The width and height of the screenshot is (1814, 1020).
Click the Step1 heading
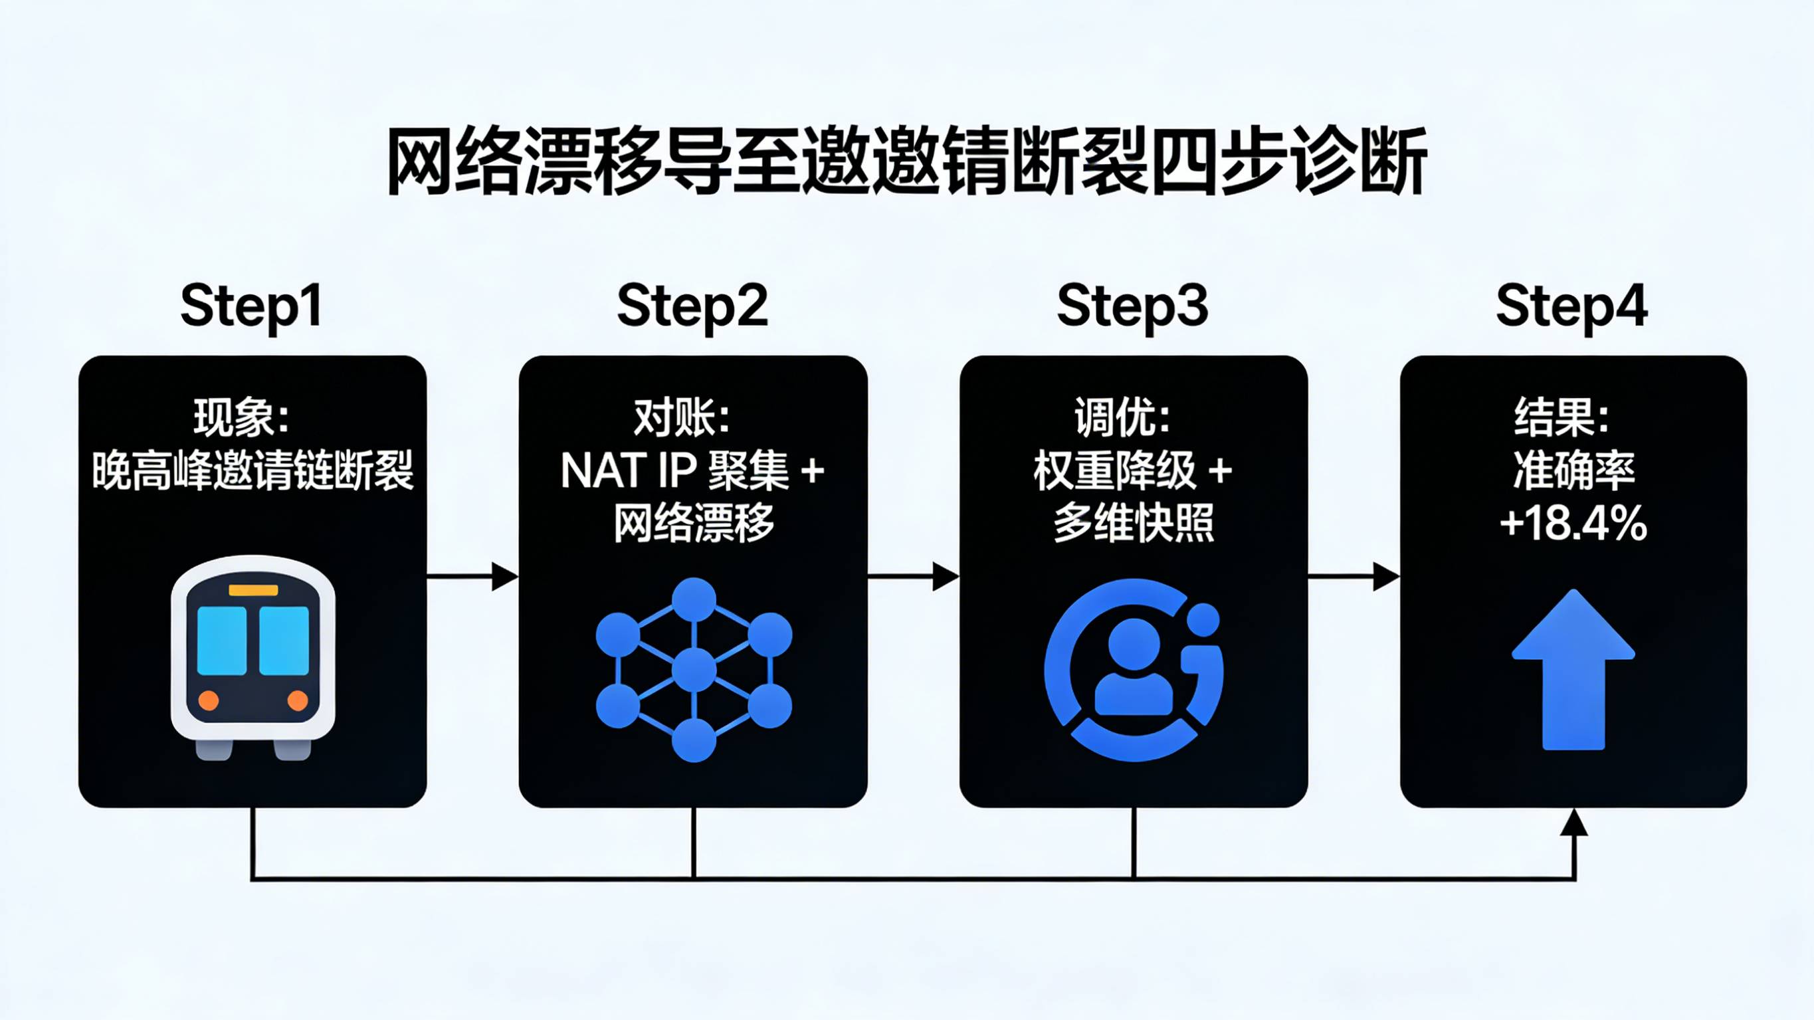pyautogui.click(x=251, y=306)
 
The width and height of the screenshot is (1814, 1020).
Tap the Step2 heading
pyautogui.click(x=692, y=306)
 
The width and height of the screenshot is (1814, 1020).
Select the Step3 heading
pyautogui.click(x=1132, y=306)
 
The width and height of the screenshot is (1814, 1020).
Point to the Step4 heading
pyautogui.click(x=1571, y=306)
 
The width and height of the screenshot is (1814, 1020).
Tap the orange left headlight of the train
pyautogui.click(x=209, y=700)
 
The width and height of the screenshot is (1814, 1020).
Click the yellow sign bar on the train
pyautogui.click(x=252, y=590)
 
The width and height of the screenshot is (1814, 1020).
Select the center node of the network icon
pyautogui.click(x=694, y=670)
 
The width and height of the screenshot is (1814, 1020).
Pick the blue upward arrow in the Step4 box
pyautogui.click(x=1573, y=669)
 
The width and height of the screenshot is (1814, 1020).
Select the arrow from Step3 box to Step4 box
pyautogui.click(x=1354, y=576)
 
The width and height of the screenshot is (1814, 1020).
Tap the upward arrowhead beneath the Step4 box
pyautogui.click(x=1573, y=823)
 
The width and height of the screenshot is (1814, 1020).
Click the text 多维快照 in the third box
pyautogui.click(x=1134, y=524)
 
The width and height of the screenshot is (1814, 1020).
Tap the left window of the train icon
pyautogui.click(x=222, y=641)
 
